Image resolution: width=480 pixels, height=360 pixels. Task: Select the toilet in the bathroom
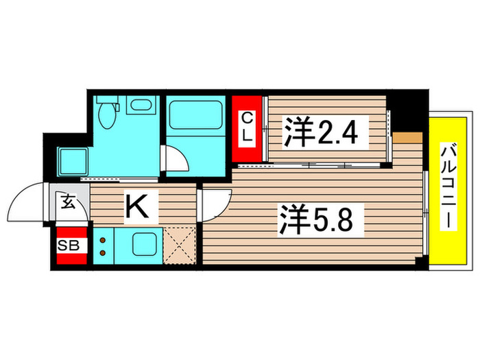click(106, 111)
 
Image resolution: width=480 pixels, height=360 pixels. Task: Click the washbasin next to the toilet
click(141, 106)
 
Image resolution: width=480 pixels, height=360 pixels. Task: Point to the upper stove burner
click(103, 240)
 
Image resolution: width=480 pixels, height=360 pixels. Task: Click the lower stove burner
click(103, 253)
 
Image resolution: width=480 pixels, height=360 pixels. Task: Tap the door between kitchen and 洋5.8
click(214, 202)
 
